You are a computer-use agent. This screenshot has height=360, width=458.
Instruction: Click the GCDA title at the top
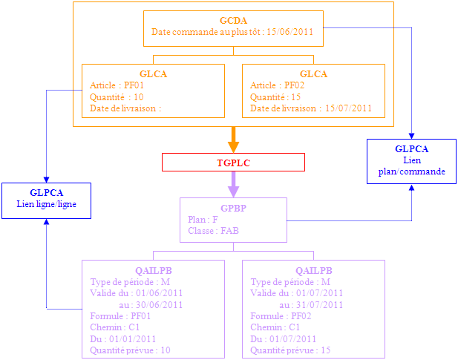pos(234,20)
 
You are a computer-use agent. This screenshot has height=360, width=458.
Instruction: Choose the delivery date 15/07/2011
pos(349,108)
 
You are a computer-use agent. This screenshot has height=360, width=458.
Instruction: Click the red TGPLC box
pos(233,162)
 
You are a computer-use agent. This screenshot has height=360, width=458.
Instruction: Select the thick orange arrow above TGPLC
pos(233,140)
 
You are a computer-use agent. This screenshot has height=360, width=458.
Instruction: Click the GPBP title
pos(233,209)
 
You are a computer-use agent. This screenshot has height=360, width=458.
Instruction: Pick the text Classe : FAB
pos(214,231)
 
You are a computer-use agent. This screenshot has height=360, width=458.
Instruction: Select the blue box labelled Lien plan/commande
pos(411,160)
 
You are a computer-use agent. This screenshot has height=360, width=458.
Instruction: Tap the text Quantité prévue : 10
pos(130,350)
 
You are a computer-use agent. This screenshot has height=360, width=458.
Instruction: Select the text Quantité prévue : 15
pos(290,350)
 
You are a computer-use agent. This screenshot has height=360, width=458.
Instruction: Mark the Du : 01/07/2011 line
pos(284,338)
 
